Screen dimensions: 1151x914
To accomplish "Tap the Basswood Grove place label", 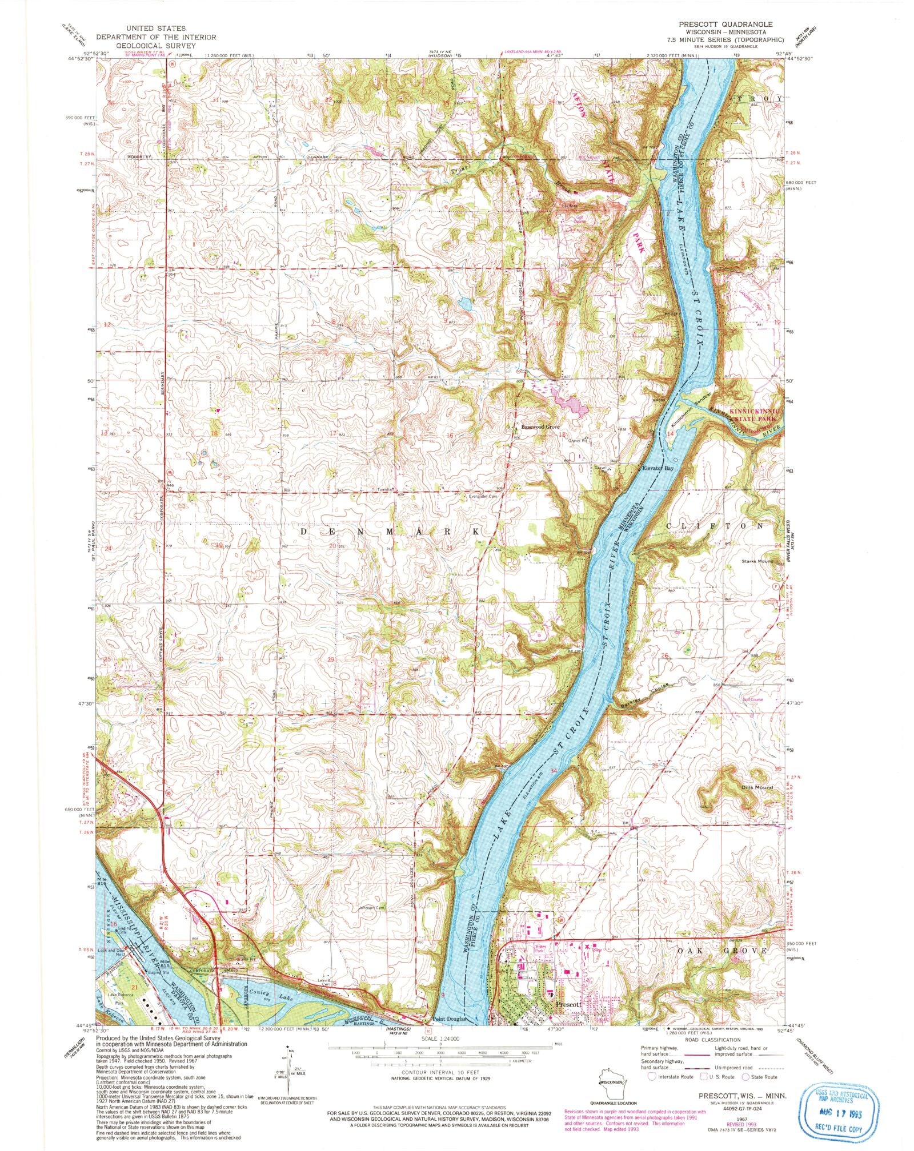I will (x=540, y=426).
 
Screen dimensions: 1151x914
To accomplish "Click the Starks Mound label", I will (x=756, y=561).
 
